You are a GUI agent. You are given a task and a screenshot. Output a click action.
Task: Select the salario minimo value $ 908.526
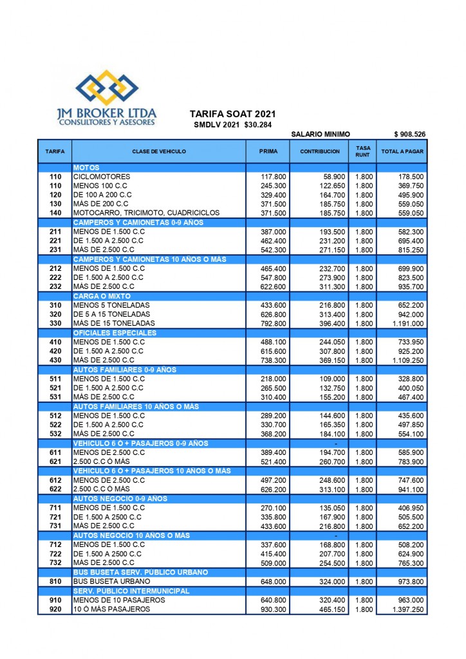[x=409, y=134]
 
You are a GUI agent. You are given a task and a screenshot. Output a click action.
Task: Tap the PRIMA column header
[x=268, y=151]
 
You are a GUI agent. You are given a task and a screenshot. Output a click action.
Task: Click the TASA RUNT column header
[x=363, y=151]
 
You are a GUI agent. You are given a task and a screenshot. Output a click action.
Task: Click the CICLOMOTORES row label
[x=102, y=176]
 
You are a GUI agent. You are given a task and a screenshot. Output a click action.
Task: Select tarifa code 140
[x=55, y=212]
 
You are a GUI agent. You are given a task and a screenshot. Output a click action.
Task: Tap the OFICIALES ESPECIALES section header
[x=115, y=333]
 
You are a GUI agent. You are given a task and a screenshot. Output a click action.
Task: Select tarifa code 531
[x=55, y=397]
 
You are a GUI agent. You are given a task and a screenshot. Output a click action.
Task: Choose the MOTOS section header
[x=86, y=167]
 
